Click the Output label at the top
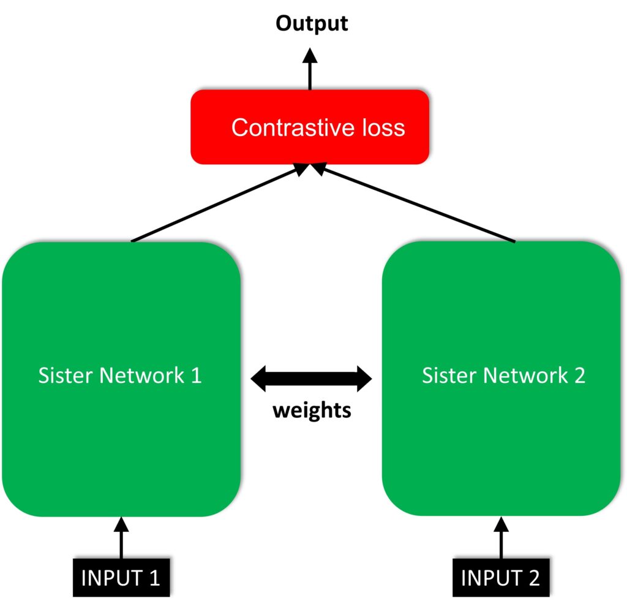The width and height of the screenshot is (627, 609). coord(311,23)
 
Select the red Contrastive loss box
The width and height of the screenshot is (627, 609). coord(309,127)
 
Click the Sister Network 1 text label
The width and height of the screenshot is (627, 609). coord(120,376)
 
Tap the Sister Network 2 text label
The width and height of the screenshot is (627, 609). coord(503,376)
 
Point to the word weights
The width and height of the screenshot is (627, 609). coord(312,410)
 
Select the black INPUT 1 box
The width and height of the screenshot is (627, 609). coord(121,578)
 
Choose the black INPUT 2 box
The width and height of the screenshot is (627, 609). coord(500,578)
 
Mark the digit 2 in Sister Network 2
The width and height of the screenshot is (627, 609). coord(579,376)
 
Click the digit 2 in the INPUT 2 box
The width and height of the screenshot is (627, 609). coord(534,578)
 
